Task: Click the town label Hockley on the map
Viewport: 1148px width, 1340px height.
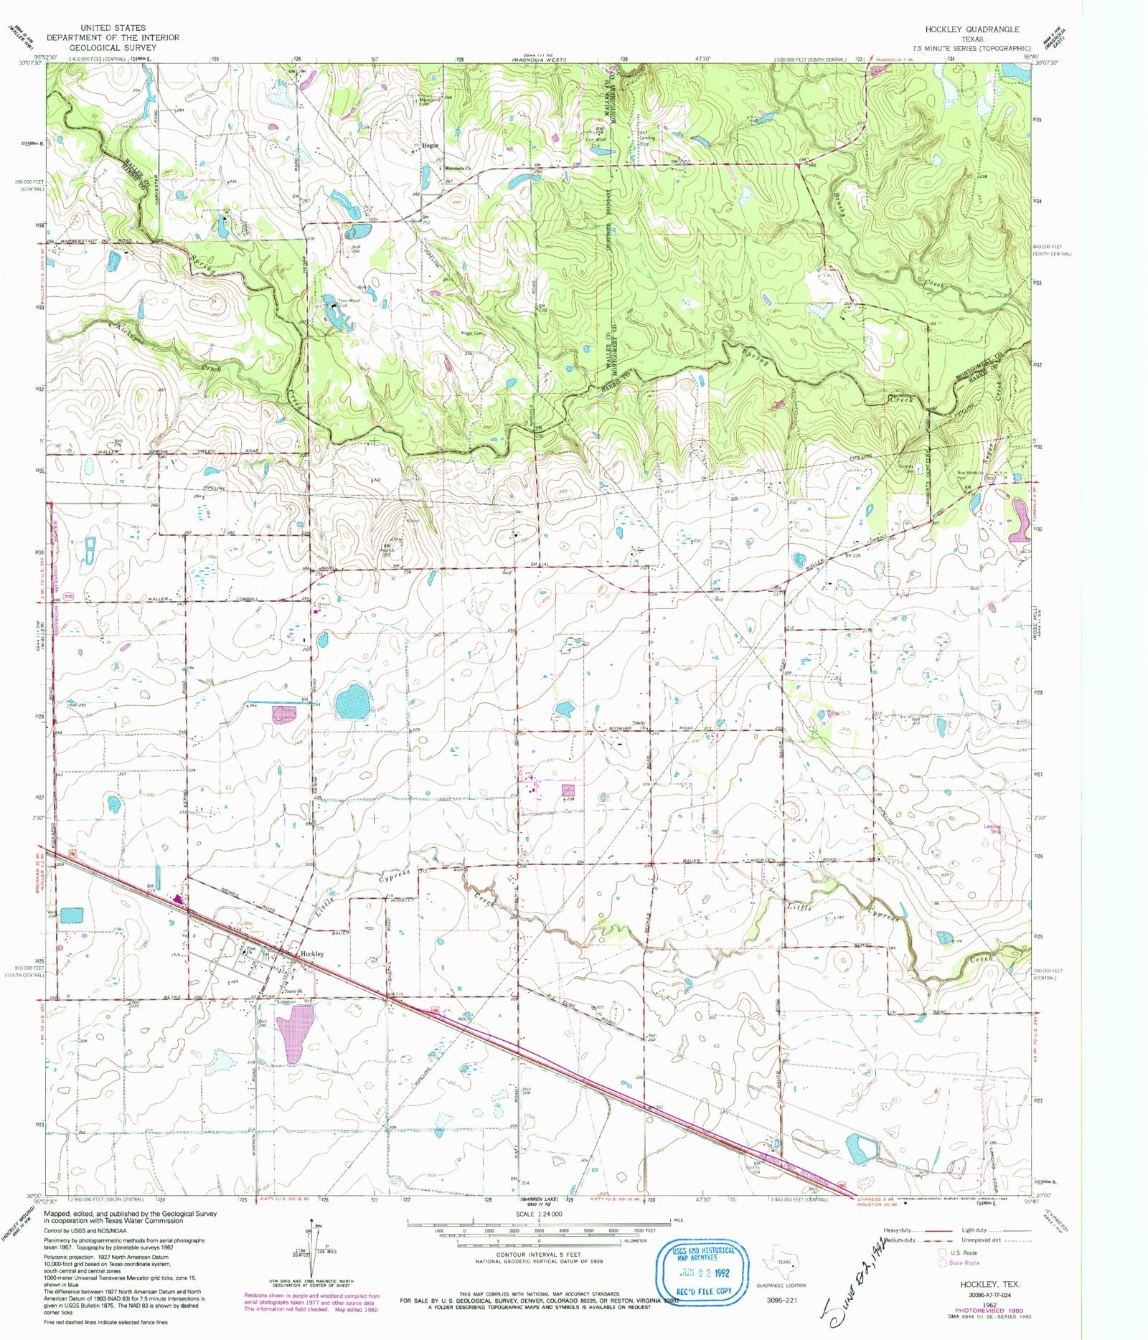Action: point(313,954)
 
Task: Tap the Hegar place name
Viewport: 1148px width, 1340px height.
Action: point(430,144)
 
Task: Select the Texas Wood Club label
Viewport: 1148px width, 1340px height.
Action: point(344,301)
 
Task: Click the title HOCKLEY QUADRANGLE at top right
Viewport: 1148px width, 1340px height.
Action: point(971,29)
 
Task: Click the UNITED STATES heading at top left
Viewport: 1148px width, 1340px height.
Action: point(113,28)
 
